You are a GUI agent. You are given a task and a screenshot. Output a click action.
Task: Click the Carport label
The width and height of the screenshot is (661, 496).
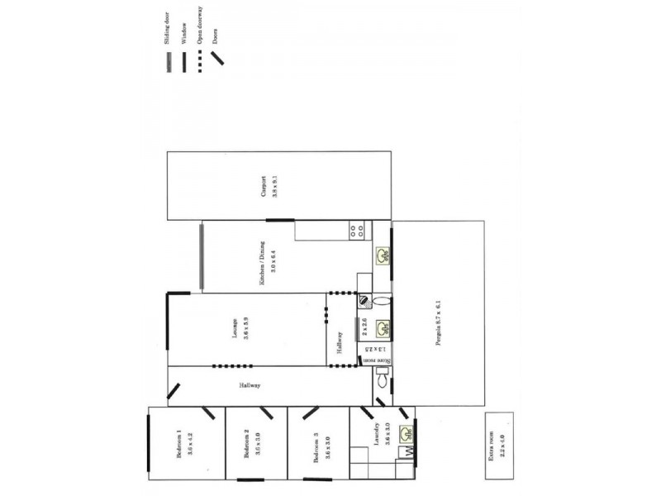tap(264, 186)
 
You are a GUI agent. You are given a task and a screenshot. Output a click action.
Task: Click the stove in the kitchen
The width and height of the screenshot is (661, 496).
tap(358, 231)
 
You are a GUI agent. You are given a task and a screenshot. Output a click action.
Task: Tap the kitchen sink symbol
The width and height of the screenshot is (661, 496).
tap(383, 255)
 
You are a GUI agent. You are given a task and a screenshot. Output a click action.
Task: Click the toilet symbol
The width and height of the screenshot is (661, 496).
tap(382, 381)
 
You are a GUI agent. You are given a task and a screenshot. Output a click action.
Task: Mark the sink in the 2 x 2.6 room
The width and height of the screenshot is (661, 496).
tap(383, 330)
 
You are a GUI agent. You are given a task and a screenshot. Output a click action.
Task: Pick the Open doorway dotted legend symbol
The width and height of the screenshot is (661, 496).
tap(200, 61)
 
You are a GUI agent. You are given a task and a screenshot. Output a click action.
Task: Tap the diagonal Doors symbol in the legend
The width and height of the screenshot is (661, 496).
tap(219, 59)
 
